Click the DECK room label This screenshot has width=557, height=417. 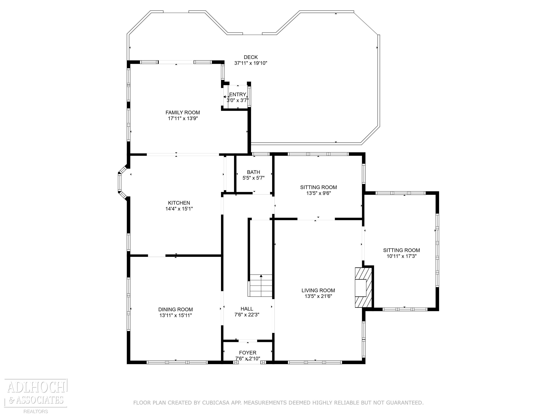tap(251, 57)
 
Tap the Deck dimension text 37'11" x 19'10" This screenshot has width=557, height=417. tap(251, 63)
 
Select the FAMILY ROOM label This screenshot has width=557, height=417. tap(183, 113)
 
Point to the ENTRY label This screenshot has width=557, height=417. tap(238, 94)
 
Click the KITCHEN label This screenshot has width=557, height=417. tap(179, 203)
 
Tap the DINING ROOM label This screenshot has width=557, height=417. tap(176, 310)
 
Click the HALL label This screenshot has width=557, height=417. tap(247, 309)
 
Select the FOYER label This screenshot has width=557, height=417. tap(248, 353)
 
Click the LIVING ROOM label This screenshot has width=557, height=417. tap(318, 290)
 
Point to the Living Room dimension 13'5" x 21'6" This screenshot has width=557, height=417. tap(318, 296)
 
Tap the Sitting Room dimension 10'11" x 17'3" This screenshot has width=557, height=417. tap(401, 256)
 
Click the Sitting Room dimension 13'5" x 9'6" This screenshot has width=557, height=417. tap(319, 193)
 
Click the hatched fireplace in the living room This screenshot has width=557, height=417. tap(363, 287)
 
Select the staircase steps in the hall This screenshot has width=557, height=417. tap(261, 286)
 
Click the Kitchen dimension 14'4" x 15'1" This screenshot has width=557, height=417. tap(179, 209)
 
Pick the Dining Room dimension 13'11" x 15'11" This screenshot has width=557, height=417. tap(176, 315)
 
